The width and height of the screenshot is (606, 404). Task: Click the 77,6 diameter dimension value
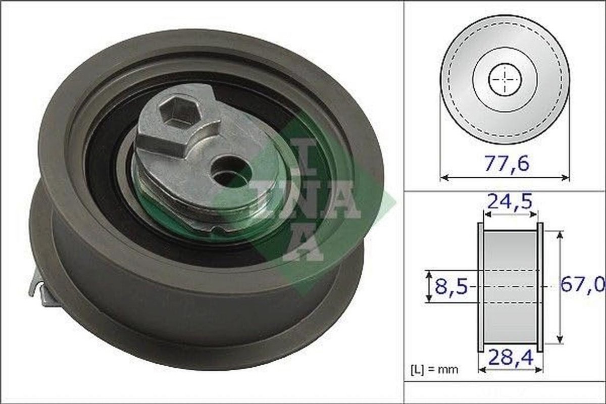point(507,164)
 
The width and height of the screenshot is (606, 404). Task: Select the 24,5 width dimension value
point(510,201)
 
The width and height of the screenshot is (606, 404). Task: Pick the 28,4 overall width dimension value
point(511,357)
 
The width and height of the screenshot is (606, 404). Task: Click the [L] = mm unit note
point(435,369)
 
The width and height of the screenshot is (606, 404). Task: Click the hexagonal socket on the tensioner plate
point(180,112)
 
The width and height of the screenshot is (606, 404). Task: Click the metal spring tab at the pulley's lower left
point(41,292)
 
